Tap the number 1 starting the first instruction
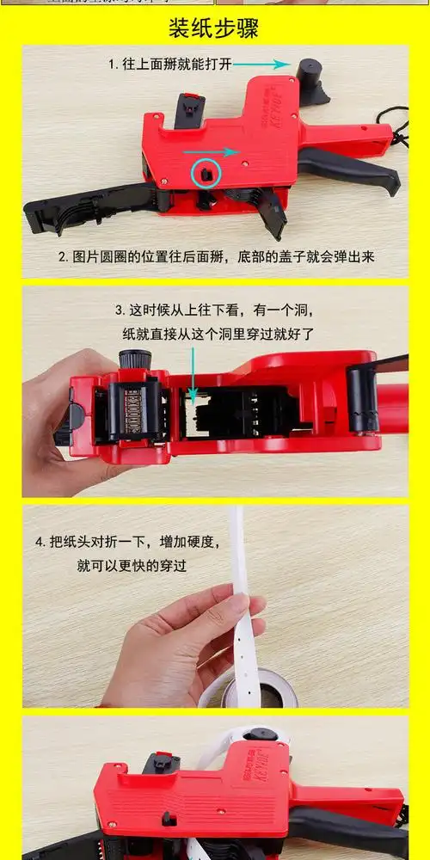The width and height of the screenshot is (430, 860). (x=112, y=64)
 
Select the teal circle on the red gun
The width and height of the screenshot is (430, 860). (x=206, y=174)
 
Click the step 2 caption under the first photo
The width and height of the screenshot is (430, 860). (x=217, y=256)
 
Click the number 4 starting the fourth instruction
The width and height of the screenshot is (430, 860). (x=40, y=543)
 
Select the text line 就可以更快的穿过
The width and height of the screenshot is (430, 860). (x=132, y=566)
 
